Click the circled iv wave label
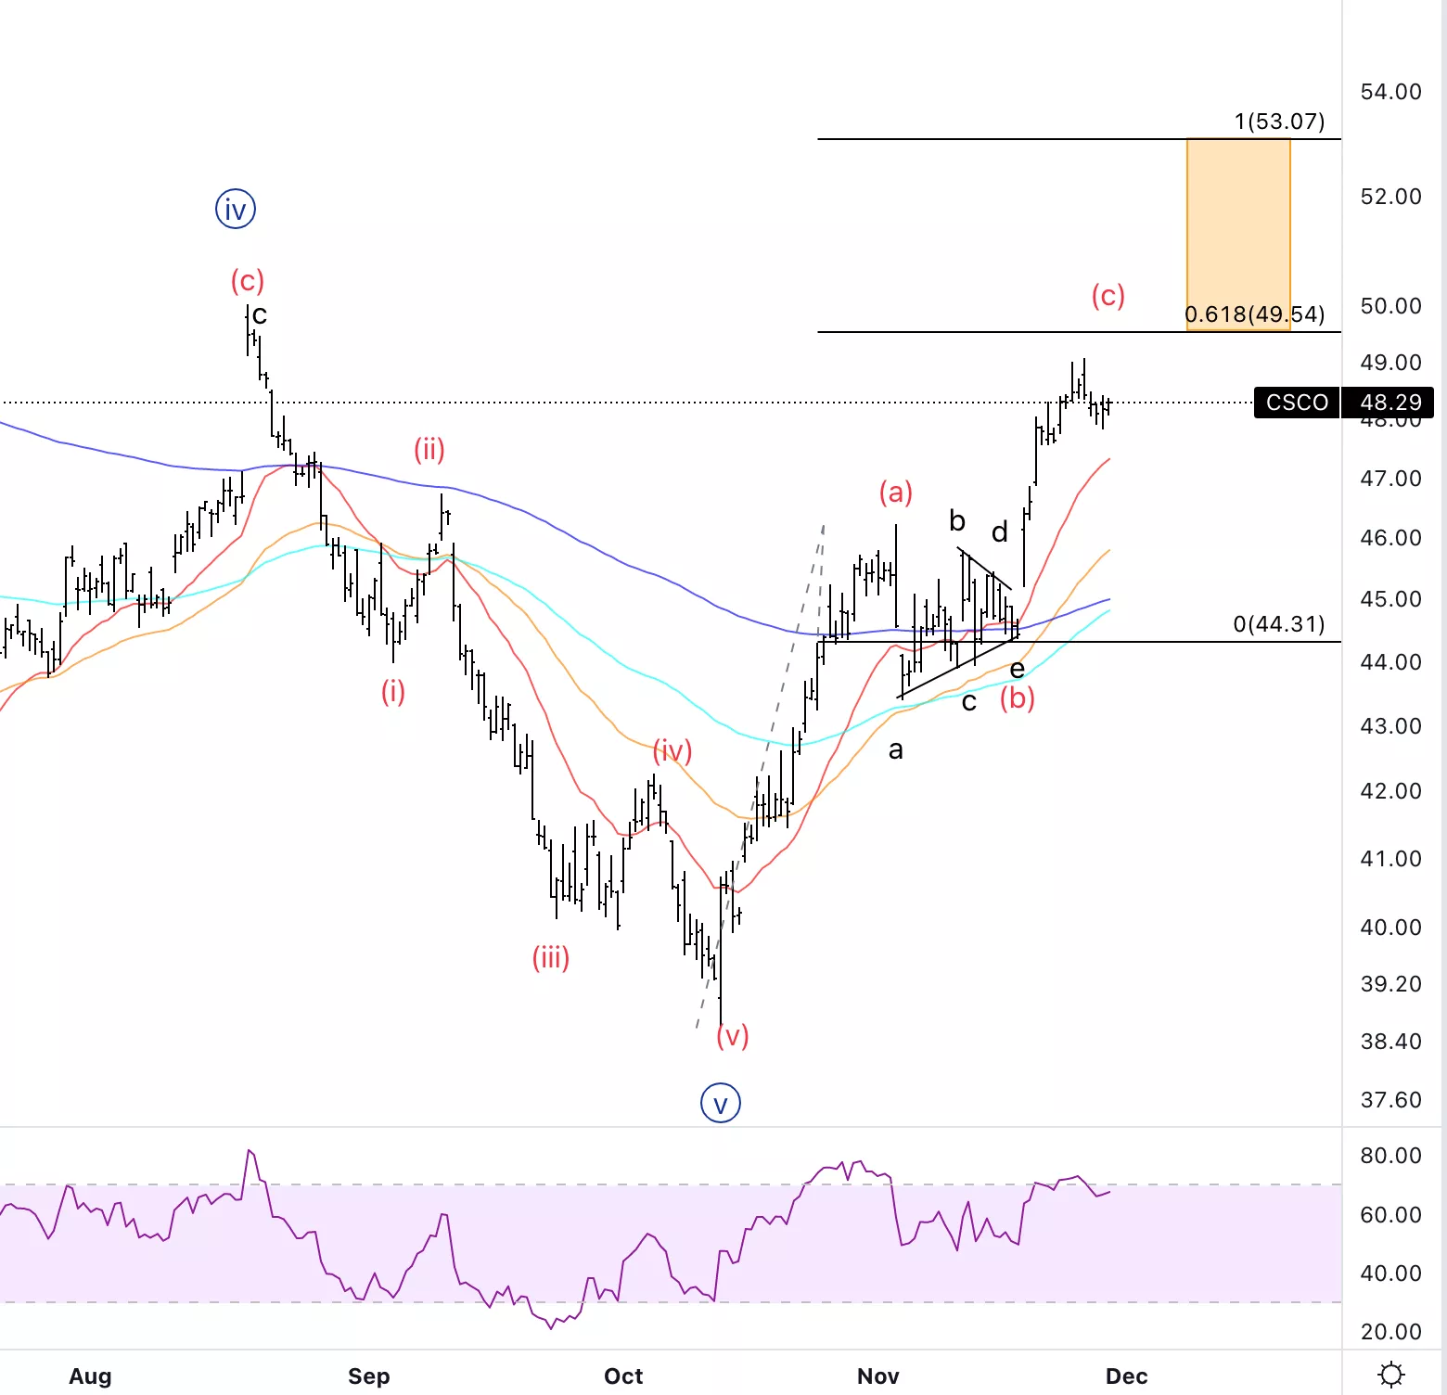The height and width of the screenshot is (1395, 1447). (236, 210)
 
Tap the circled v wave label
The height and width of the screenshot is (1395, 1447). (721, 1104)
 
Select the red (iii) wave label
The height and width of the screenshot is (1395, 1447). (551, 957)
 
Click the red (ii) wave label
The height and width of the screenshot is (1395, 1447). (429, 450)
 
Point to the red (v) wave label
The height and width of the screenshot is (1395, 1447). (733, 1035)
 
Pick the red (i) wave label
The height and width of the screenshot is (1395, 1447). (393, 691)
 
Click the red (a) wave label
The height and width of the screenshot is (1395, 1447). (896, 493)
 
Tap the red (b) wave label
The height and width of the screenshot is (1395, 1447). (1018, 697)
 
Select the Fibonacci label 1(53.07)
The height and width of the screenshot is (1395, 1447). (1279, 122)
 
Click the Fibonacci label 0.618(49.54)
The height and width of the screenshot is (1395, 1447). (1255, 314)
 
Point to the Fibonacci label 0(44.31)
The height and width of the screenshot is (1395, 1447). (1279, 624)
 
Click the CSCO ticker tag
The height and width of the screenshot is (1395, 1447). (1297, 403)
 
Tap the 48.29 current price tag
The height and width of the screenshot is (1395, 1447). (1389, 403)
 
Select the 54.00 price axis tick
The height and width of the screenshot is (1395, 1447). (1390, 92)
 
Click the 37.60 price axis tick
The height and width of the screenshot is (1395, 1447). (1390, 1100)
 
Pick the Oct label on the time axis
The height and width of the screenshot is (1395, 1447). (623, 1376)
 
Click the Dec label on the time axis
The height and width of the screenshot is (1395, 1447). (1127, 1376)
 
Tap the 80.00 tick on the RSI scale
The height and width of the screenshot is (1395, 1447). (1390, 1156)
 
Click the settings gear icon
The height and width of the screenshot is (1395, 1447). (1391, 1375)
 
